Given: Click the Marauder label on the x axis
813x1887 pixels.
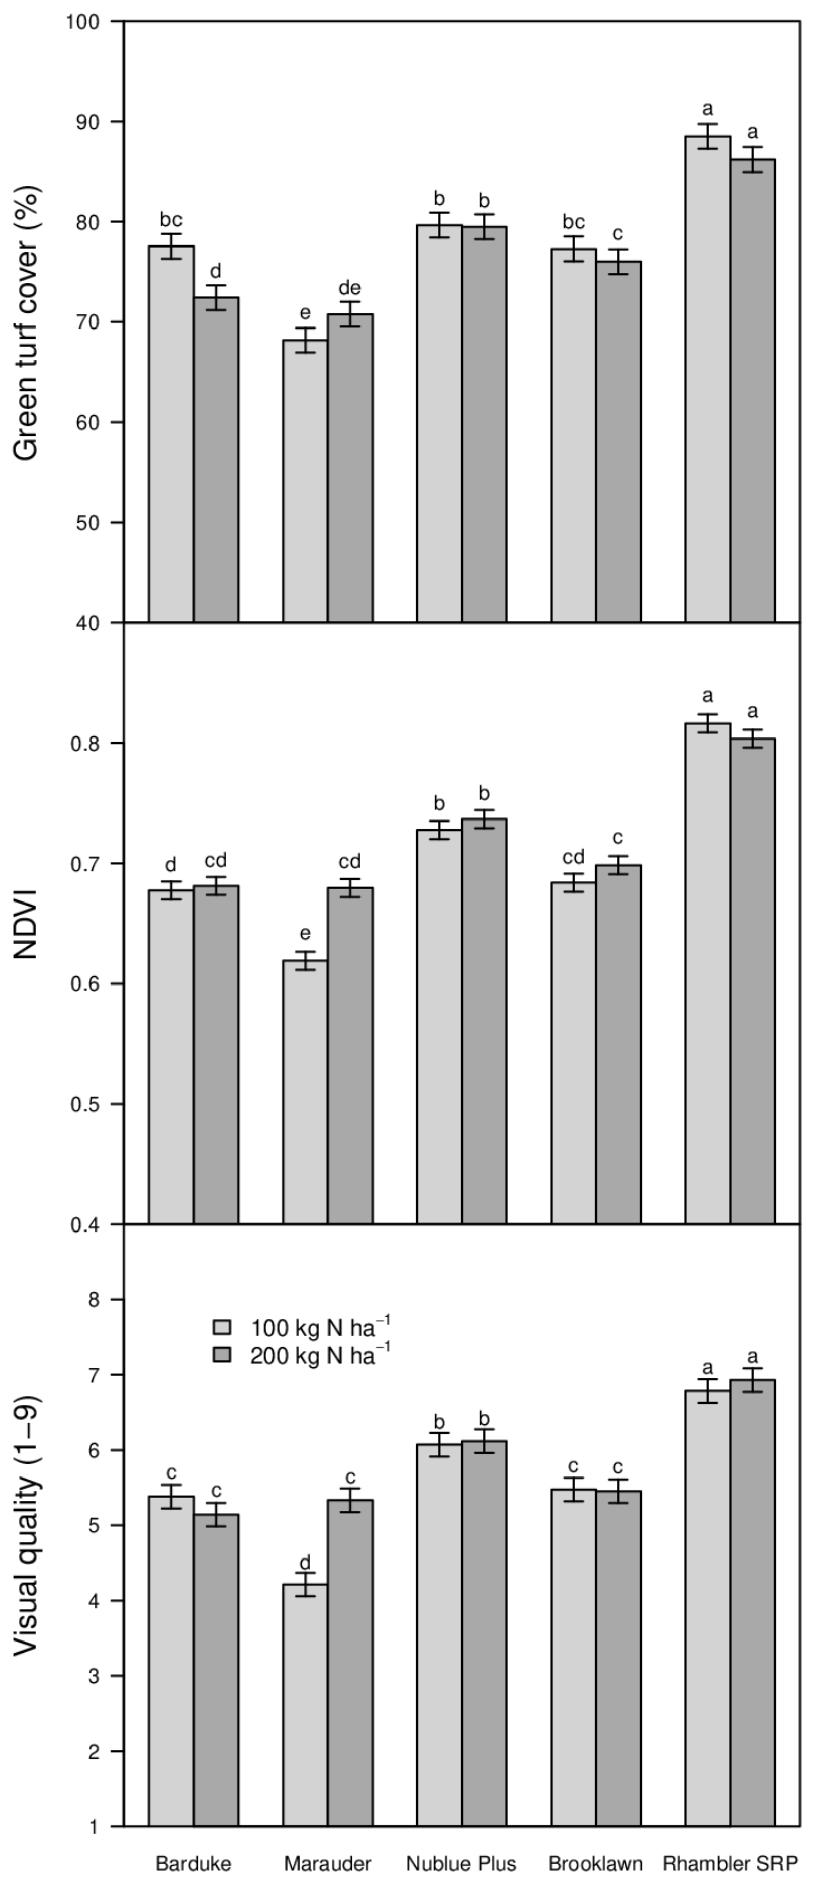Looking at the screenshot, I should click(x=327, y=1863).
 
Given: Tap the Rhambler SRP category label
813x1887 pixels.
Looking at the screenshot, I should click(x=730, y=1863).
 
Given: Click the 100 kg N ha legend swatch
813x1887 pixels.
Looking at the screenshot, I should click(x=222, y=1328).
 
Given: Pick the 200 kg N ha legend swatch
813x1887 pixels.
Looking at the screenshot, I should click(x=222, y=1355).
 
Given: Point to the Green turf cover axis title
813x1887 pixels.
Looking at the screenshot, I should click(x=27, y=322).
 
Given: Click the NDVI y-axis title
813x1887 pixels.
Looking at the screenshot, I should click(x=27, y=924).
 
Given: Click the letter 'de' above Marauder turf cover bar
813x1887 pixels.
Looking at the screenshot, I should click(x=349, y=288).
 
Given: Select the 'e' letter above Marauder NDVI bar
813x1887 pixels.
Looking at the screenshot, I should click(x=305, y=933).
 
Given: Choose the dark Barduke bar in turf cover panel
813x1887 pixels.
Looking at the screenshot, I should click(x=216, y=461).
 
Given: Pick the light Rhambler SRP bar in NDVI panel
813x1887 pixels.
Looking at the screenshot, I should click(x=707, y=974).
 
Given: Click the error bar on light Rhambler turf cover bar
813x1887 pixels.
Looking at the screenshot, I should click(x=707, y=136).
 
